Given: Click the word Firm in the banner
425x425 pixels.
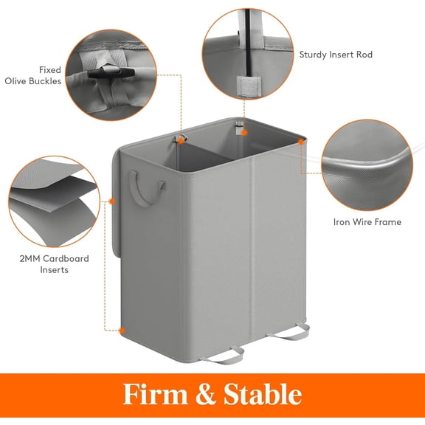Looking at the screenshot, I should click(153, 394).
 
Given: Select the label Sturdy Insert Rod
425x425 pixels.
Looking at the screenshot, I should click(336, 55).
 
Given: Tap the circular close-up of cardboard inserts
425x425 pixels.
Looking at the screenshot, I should click(54, 193).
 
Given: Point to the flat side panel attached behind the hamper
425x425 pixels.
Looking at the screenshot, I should click(118, 207).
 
